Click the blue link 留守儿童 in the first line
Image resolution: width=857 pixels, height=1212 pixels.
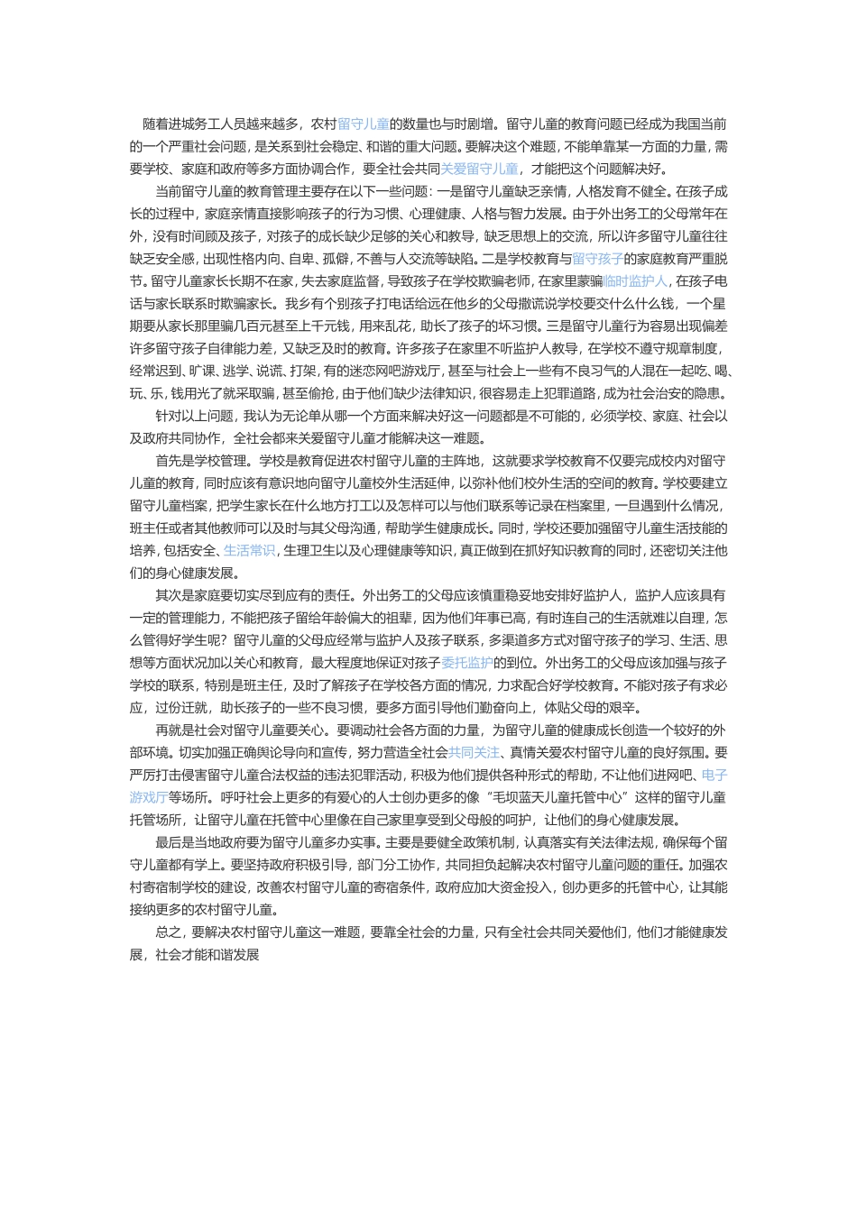363,124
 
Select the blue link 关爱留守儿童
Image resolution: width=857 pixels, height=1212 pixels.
479,169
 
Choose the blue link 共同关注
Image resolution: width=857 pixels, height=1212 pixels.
475,752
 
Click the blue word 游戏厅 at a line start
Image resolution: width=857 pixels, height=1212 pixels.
149,797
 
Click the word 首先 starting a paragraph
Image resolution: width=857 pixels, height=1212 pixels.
169,460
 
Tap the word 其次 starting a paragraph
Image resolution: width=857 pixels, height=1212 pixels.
169,595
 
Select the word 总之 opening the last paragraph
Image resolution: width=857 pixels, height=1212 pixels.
169,932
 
